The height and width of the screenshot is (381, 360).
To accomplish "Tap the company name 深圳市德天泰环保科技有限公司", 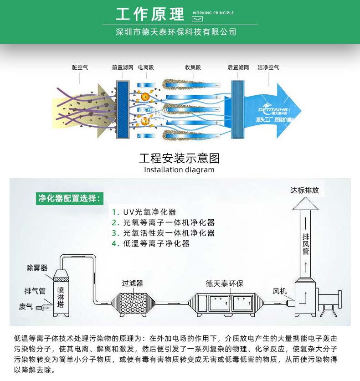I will tap(176, 32).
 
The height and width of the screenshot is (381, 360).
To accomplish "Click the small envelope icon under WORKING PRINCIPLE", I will tap(197, 19).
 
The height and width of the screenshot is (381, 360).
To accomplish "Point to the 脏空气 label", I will tap(80, 67).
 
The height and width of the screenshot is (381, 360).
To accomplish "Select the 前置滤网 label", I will tap(123, 67).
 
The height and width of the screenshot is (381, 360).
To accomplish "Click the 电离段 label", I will tap(146, 67).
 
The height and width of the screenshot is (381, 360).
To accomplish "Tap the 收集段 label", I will tap(193, 67).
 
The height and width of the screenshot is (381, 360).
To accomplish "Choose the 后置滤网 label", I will tap(238, 67).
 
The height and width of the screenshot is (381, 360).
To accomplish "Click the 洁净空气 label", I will tap(268, 67).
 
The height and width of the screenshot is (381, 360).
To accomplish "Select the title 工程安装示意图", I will tap(179, 158).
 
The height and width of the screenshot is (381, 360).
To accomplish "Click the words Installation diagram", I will tap(179, 170).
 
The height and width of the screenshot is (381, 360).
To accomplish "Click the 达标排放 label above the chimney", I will tap(305, 190).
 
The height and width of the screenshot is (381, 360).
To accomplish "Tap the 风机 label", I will tap(280, 291).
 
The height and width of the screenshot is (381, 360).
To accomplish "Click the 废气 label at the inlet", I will tap(26, 306).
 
